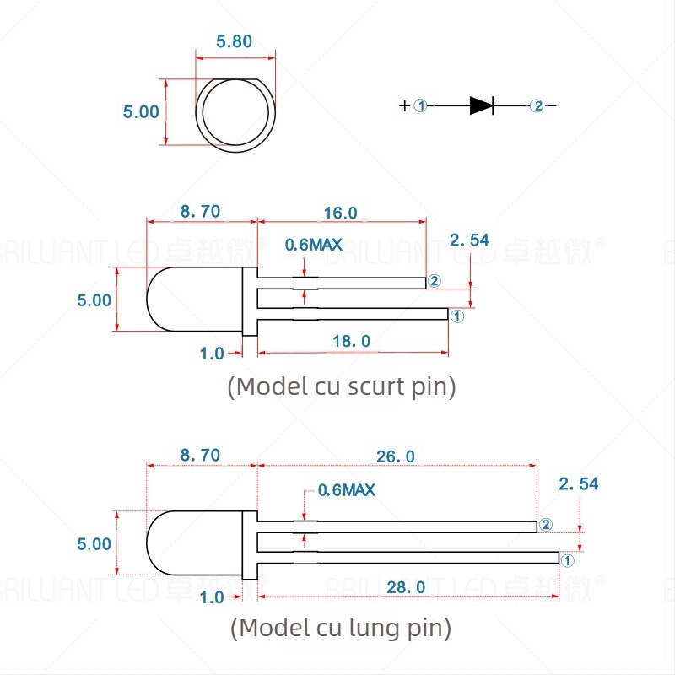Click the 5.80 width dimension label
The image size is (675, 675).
(235, 41)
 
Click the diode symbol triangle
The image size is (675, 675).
(481, 105)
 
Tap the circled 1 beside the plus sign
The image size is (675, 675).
(422, 105)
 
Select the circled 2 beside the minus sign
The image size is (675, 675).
(537, 105)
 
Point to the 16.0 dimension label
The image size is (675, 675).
(341, 213)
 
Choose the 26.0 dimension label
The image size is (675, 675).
(397, 456)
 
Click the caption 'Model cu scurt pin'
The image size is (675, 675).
(342, 386)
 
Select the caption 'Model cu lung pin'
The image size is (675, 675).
(341, 628)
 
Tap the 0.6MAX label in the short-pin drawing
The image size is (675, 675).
(313, 245)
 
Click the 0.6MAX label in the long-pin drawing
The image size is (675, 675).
(346, 489)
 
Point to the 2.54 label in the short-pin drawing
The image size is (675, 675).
(469, 241)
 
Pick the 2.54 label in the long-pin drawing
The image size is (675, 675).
(578, 483)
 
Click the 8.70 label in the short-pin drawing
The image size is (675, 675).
(200, 212)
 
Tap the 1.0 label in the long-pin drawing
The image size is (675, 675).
(212, 597)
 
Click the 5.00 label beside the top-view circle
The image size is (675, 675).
(141, 111)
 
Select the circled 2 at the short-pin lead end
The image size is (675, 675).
(435, 281)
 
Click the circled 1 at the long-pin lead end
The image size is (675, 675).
(567, 559)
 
